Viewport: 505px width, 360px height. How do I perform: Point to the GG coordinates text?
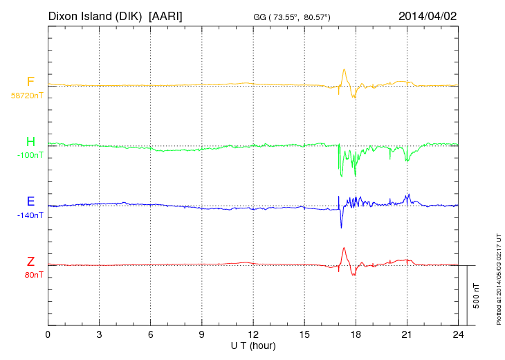pos(293,17)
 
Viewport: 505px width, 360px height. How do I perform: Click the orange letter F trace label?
pos(30,82)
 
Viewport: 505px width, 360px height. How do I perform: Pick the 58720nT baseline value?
pos(27,96)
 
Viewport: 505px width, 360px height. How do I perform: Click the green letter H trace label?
pos(30,143)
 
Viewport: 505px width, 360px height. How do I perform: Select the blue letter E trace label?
pos(30,202)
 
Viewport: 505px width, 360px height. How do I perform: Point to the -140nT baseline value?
pos(30,215)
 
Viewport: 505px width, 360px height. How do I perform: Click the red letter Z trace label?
pos(30,262)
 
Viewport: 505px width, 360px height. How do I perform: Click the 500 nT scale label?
pos(477,296)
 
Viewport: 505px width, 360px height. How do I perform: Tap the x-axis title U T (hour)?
pos(253,345)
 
